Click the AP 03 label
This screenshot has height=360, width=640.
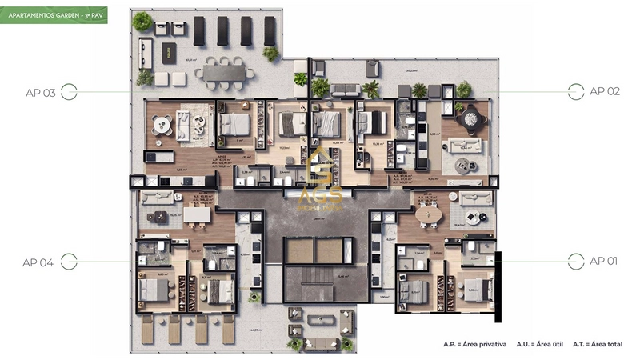pyautogui.click(x=40, y=93)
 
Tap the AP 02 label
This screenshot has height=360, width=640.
pyautogui.click(x=605, y=91)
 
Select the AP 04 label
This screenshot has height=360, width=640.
pyautogui.click(x=38, y=262)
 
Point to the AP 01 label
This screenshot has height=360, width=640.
pyautogui.click(x=605, y=260)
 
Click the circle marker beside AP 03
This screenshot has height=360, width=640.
pyautogui.click(x=69, y=93)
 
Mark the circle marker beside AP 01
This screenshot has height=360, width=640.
pyautogui.click(x=575, y=260)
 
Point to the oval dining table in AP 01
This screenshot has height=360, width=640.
pyautogui.click(x=428, y=216)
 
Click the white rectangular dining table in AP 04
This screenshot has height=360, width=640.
pyautogui.click(x=195, y=214)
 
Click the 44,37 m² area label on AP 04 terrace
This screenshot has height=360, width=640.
pyautogui.click(x=256, y=329)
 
